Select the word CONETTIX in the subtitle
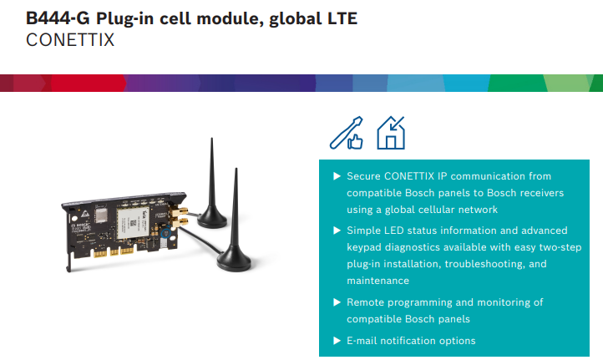click(x=70, y=40)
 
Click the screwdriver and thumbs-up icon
click(x=347, y=133)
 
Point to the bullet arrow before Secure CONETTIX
click(x=337, y=176)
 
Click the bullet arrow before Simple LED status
click(x=337, y=230)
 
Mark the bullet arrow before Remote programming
click(x=337, y=302)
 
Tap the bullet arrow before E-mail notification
click(x=337, y=341)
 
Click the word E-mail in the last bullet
click(x=364, y=341)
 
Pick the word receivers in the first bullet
click(x=538, y=193)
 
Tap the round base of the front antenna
click(x=233, y=261)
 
